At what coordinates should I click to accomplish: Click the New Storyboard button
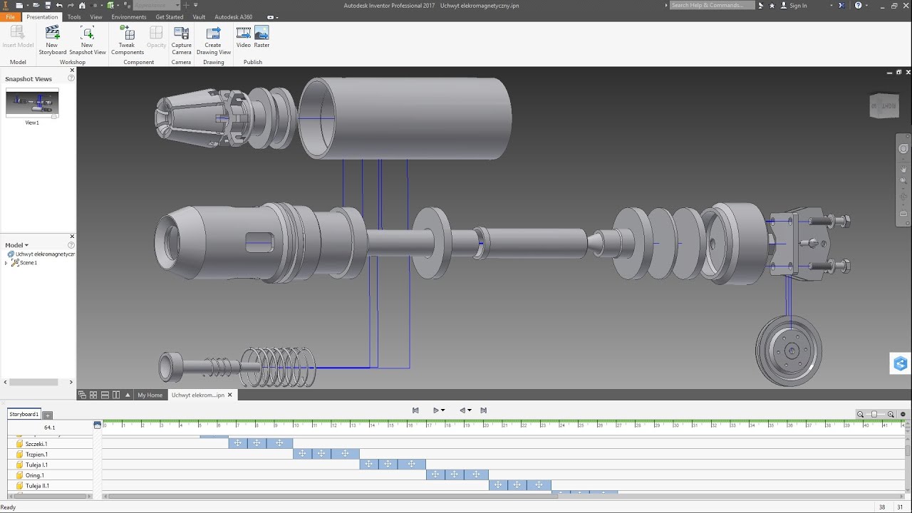click(52, 40)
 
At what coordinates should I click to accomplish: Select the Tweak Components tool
click(127, 40)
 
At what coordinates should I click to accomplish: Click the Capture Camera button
click(181, 40)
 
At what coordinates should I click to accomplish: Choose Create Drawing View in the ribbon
click(213, 40)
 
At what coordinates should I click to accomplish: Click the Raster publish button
click(261, 36)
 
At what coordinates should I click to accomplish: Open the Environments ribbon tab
click(128, 17)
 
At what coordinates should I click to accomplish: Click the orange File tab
click(10, 17)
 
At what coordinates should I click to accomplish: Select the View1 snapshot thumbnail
click(32, 104)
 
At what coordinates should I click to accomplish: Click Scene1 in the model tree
click(28, 263)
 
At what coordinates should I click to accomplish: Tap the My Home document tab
click(150, 395)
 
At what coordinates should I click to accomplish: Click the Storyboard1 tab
click(24, 414)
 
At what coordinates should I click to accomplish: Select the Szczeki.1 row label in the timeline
click(36, 444)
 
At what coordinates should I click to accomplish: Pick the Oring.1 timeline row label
click(34, 475)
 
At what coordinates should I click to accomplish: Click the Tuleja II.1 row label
click(37, 486)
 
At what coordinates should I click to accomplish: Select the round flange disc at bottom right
click(789, 351)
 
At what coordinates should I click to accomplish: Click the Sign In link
click(798, 6)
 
